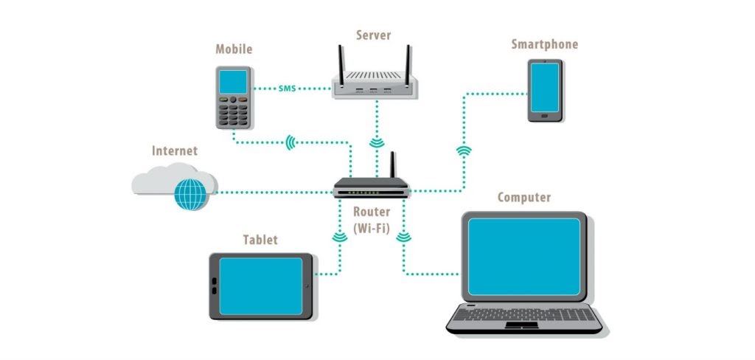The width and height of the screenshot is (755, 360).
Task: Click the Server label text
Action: click(373, 35)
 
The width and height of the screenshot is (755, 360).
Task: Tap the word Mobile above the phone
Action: click(234, 49)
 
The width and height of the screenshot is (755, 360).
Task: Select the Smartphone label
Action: click(544, 44)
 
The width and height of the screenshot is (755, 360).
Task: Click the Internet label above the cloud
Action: click(175, 151)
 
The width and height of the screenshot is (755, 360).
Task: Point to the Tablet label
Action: click(260, 240)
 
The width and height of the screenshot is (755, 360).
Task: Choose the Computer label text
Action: click(523, 197)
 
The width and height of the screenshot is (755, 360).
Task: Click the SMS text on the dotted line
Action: click(287, 89)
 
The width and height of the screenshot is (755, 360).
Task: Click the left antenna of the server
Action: click(341, 60)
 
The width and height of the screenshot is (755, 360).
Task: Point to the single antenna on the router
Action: click(393, 165)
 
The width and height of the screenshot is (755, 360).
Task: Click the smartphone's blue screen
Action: click(545, 86)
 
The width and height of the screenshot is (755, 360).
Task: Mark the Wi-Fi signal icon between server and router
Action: click(376, 142)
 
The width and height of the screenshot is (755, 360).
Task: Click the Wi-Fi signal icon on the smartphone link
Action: click(464, 152)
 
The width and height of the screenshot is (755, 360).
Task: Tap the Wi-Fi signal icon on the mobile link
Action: click(291, 142)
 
